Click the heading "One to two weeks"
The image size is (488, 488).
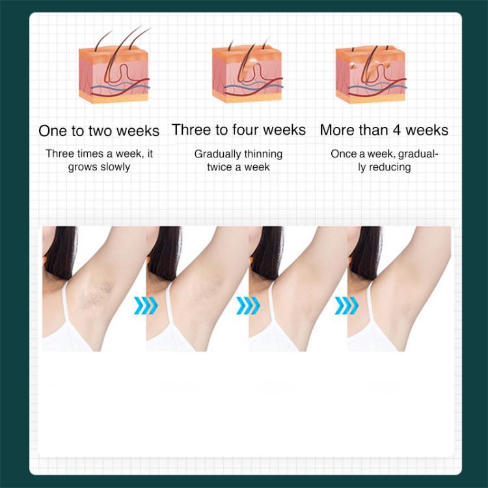[99, 131]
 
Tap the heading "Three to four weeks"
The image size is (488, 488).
[239, 129]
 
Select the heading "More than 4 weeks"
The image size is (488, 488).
[384, 129]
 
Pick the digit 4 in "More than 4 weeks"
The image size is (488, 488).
[396, 129]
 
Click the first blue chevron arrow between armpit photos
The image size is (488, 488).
[146, 306]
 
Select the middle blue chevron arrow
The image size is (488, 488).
[248, 306]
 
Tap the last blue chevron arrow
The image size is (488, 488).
[347, 306]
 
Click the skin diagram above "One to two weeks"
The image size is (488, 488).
[115, 64]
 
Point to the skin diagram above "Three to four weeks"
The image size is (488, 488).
[247, 70]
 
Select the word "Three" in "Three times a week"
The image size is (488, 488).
[60, 154]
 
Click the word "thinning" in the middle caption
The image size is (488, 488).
[264, 154]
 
